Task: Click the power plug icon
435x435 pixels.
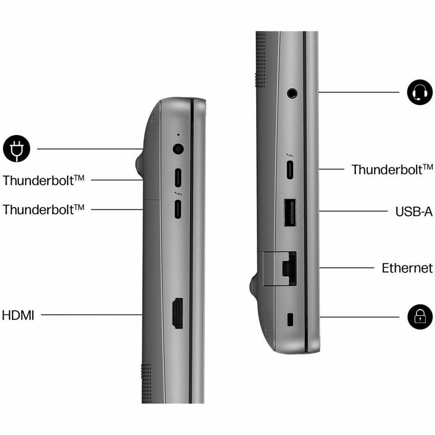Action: pos(16,149)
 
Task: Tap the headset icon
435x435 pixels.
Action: pos(420,92)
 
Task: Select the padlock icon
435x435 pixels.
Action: pos(420,317)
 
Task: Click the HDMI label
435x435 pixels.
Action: pos(18,316)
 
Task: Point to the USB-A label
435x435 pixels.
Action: pos(414,211)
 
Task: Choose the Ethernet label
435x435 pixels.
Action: pos(407,268)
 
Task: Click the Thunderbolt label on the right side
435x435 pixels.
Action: pos(392,170)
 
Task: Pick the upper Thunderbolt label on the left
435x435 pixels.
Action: pos(43,180)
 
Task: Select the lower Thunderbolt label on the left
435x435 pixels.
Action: pos(43,209)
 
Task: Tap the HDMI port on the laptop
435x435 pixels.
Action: pos(178,313)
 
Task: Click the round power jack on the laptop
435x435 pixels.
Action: pos(178,149)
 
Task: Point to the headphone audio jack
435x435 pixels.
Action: pos(292,93)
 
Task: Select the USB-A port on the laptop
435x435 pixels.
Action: pos(290,213)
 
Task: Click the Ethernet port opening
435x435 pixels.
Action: pos(289,268)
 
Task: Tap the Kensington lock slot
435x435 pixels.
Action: pos(290,319)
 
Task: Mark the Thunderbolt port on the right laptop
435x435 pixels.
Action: pos(290,170)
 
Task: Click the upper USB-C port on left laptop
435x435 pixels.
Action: pos(178,178)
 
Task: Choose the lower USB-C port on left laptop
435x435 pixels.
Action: pos(178,209)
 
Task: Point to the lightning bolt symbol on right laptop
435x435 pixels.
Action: pos(290,155)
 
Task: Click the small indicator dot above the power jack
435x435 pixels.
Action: pos(178,135)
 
